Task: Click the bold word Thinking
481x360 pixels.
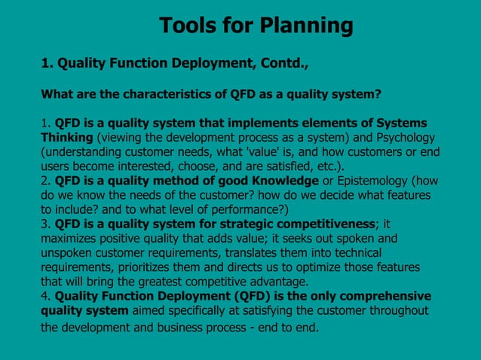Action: point(66,137)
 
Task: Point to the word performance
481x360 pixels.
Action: point(247,209)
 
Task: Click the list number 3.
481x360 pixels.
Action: point(44,224)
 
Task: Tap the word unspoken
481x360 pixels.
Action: point(70,252)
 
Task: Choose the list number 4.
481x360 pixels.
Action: point(44,296)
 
